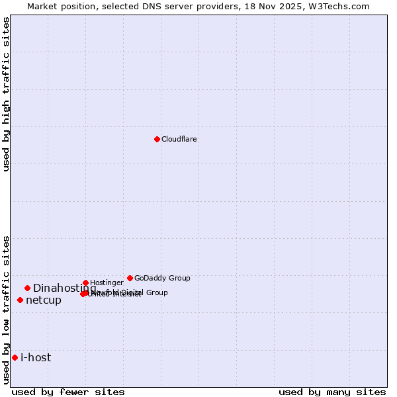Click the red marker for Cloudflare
(157, 139)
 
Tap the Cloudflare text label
(179, 139)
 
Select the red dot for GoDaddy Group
(130, 278)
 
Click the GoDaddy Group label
(162, 278)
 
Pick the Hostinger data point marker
(85, 283)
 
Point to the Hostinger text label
(107, 283)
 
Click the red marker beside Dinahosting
(27, 288)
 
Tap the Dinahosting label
(64, 288)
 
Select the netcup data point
(20, 300)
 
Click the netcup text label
(44, 300)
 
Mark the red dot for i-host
(15, 357)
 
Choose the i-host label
(36, 357)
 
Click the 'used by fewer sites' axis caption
(68, 392)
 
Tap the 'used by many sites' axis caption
(332, 392)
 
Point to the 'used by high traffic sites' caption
(6, 94)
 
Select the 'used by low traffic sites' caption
(6, 310)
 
